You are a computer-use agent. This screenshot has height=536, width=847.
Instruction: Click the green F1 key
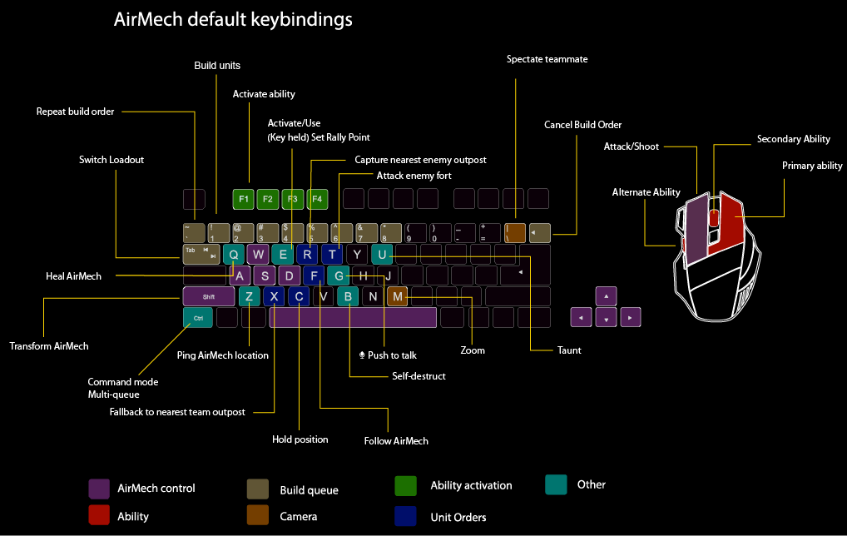coord(243,199)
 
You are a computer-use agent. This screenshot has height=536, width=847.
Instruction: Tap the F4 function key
coord(317,199)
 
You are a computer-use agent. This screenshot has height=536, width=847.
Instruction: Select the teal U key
coord(382,254)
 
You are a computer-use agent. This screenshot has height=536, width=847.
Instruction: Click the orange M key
coord(397,296)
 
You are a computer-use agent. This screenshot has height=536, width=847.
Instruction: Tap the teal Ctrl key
coord(198,317)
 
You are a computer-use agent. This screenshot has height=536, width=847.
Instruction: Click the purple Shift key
coord(208,296)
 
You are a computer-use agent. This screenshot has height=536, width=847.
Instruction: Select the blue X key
coord(274,296)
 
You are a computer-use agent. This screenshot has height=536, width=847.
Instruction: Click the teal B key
coord(349,296)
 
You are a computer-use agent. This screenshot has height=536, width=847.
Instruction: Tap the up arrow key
coord(607,296)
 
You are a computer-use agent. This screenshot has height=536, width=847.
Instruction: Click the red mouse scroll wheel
coord(715,217)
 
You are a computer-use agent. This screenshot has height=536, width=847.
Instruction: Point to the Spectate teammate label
coord(547,59)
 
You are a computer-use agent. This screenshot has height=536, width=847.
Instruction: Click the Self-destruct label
coord(419,376)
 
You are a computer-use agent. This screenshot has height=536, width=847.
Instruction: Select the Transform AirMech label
coord(48,346)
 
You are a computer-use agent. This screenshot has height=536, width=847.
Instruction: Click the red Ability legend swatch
coord(99,516)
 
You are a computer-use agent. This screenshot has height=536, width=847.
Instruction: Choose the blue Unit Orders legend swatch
coord(405,516)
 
